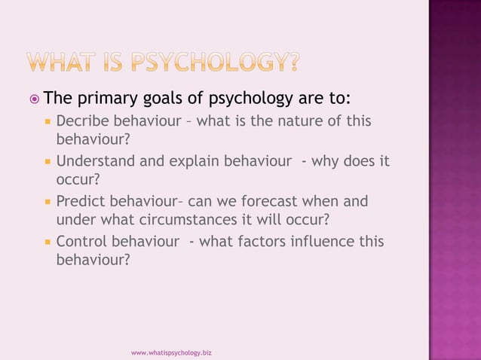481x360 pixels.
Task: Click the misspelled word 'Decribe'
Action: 81,121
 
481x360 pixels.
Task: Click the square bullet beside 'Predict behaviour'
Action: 47,202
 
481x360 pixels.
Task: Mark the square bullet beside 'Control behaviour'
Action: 47,243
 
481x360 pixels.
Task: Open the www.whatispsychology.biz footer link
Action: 171,352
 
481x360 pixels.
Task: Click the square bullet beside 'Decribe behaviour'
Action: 47,121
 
